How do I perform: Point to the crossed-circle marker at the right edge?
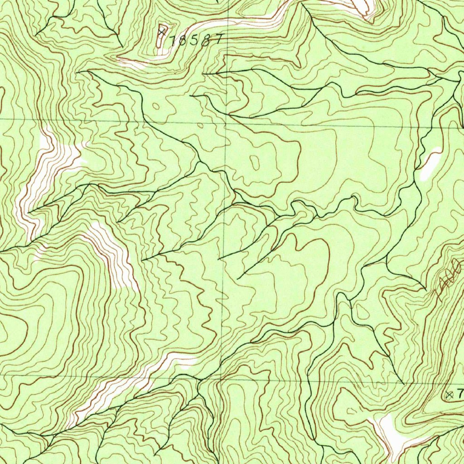449,394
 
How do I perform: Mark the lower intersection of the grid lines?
222,377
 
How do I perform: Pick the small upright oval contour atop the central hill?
255,162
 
